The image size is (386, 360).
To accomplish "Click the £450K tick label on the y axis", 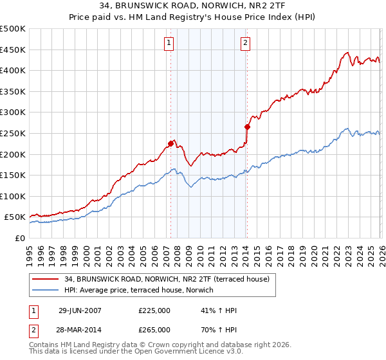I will point(13,50).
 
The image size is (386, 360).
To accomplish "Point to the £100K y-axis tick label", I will point(13,196).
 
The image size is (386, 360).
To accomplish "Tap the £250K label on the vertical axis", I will point(13,133).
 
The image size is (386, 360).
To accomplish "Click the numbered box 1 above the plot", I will point(169,43).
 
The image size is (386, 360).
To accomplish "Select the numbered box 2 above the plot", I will point(246,43).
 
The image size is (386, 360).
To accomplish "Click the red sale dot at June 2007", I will point(171,143).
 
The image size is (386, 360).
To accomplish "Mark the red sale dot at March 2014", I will point(247,127).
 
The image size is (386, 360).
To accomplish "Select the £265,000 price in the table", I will point(154,329).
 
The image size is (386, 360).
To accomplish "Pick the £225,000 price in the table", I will point(154,310).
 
